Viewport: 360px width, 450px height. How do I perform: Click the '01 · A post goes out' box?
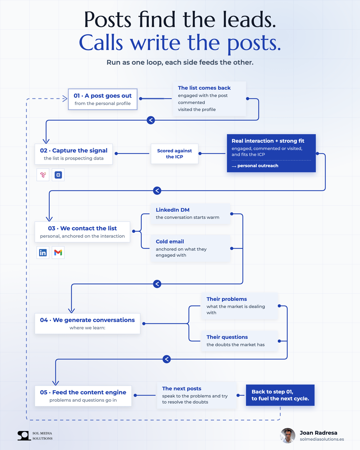(x=102, y=99)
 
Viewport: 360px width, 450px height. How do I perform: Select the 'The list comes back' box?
(x=209, y=99)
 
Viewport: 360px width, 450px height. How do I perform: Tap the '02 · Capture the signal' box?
(x=74, y=154)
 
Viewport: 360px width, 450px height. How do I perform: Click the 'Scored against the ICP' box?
(x=174, y=154)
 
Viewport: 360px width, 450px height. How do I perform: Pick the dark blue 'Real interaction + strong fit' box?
(x=271, y=153)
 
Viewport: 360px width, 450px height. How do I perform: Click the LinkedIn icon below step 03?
(x=43, y=253)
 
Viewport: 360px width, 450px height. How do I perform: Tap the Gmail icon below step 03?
(x=58, y=253)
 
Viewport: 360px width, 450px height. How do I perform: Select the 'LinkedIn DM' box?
(x=190, y=214)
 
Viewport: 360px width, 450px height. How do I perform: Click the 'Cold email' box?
(x=190, y=248)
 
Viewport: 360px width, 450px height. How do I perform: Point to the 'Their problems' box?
(x=240, y=306)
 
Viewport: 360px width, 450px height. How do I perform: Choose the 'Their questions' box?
(x=240, y=341)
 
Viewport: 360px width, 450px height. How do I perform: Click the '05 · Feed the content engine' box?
(x=83, y=396)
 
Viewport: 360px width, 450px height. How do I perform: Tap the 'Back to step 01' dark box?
(x=280, y=395)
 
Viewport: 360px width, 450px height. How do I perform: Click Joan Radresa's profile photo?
(x=288, y=435)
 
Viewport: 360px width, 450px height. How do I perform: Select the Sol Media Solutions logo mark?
(x=24, y=436)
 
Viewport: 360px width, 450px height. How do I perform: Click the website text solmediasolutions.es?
(x=322, y=439)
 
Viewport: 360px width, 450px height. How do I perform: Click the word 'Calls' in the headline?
(x=101, y=43)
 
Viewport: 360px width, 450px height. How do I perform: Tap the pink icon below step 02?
(x=43, y=175)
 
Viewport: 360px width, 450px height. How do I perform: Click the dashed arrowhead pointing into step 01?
(x=65, y=98)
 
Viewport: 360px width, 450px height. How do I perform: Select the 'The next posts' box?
(x=197, y=395)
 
